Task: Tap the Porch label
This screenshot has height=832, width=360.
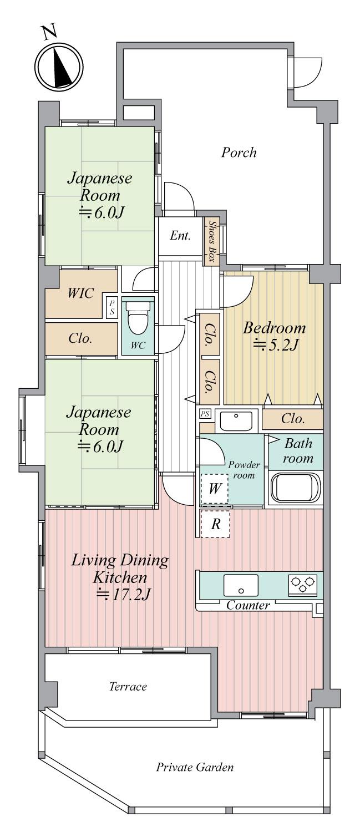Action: pos(239,152)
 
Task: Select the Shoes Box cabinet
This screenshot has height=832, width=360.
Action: pos(212,242)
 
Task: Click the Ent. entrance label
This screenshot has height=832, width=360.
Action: pos(180,236)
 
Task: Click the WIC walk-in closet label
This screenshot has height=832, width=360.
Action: pos(81,293)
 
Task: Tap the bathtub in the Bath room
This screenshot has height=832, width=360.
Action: pos(295,488)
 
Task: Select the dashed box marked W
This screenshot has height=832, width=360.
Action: pos(214,490)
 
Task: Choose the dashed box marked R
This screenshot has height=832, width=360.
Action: pos(215,525)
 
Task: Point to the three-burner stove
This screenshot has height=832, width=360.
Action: pos(302,585)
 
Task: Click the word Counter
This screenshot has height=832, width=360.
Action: pos(248,606)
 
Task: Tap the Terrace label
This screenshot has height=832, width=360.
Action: pos(128,687)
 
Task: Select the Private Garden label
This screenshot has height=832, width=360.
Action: pos(194,768)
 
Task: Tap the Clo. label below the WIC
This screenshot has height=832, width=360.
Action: pos(80,338)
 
